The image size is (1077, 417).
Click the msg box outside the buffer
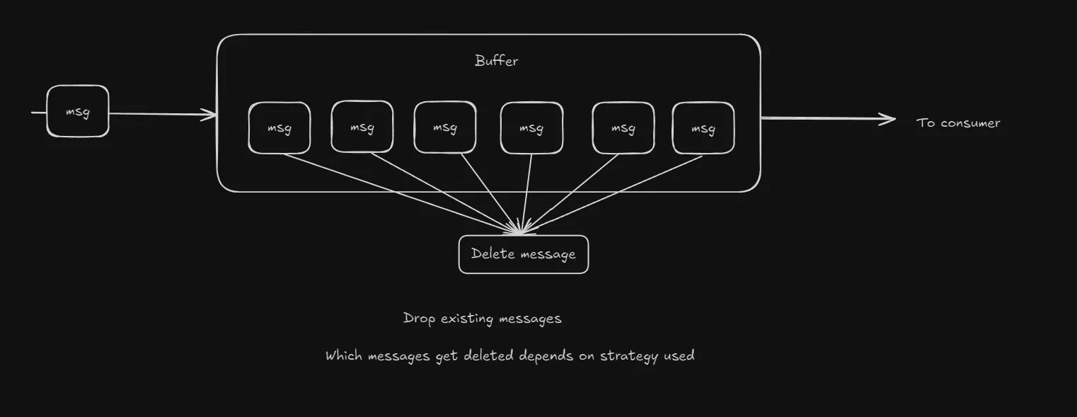pyautogui.click(x=78, y=111)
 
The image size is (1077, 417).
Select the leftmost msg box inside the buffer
pyautogui.click(x=280, y=128)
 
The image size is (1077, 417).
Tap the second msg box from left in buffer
pyautogui.click(x=362, y=127)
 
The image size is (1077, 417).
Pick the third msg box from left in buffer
pyautogui.click(x=444, y=127)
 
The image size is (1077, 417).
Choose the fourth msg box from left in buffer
pyautogui.click(x=531, y=128)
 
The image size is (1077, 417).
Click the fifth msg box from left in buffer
pyautogui.click(x=623, y=128)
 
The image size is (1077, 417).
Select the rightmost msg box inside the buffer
pyautogui.click(x=703, y=128)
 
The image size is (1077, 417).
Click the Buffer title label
pyautogui.click(x=496, y=61)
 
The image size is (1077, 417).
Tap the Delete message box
pyautogui.click(x=524, y=254)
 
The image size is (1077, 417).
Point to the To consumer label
pyautogui.click(x=958, y=123)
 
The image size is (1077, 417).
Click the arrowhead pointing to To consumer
pyautogui.click(x=890, y=120)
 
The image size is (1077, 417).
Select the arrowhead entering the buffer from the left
pyautogui.click(x=211, y=115)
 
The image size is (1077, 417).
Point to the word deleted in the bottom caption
pyautogui.click(x=489, y=356)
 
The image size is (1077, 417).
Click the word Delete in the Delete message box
pyautogui.click(x=493, y=254)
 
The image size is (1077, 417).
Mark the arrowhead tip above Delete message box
pyautogui.click(x=521, y=232)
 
